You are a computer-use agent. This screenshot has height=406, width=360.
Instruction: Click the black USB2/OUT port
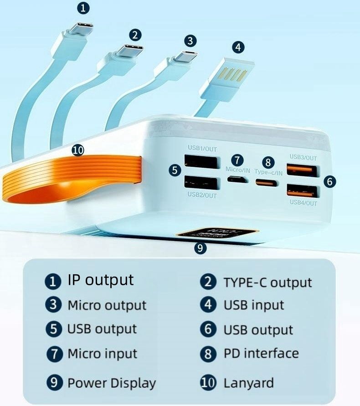(x=201, y=183)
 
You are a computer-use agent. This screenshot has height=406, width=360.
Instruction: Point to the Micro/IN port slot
(x=237, y=179)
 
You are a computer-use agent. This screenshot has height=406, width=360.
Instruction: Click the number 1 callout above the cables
(x=83, y=7)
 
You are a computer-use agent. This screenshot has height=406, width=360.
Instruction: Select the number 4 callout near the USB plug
(x=238, y=47)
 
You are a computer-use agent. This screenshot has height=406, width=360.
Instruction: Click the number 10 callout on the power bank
(x=78, y=150)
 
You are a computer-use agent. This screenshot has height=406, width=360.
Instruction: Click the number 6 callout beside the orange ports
(x=330, y=181)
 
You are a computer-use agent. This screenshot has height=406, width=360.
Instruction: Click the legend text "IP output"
(x=100, y=280)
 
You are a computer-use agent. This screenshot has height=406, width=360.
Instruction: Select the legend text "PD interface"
(x=261, y=354)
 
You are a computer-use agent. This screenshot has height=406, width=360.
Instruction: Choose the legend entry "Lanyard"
(x=248, y=383)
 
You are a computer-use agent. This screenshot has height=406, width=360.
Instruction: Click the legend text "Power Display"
(x=111, y=383)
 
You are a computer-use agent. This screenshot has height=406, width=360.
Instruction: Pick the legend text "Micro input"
(x=102, y=354)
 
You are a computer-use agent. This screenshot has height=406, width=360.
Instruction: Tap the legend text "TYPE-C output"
(x=267, y=283)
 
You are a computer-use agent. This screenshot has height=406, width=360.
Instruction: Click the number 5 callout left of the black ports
(x=175, y=170)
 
